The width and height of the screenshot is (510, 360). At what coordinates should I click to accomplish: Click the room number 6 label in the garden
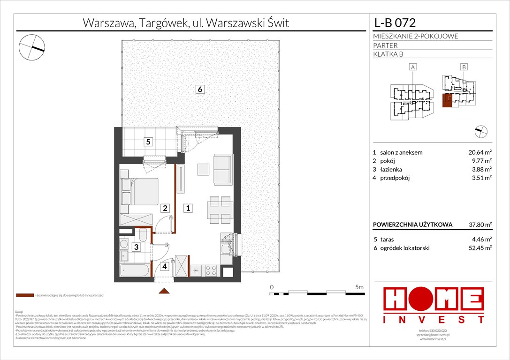[200, 90]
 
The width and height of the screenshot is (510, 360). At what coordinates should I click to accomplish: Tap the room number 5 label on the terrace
[148, 142]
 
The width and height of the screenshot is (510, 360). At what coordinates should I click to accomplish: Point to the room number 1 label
[187, 208]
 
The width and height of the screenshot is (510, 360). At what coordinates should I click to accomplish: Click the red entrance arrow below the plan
[164, 292]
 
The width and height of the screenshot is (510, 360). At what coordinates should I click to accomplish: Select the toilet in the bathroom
[144, 234]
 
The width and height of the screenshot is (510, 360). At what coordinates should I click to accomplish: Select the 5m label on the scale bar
[359, 286]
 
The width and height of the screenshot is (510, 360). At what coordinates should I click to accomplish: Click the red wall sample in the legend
[25, 296]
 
